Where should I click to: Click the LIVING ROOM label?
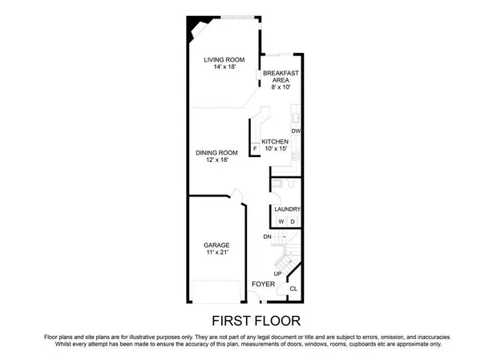(x=223, y=59)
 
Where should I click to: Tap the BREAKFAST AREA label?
(x=281, y=76)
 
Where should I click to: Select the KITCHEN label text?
(x=275, y=141)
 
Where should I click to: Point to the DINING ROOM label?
(x=217, y=152)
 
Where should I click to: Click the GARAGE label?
(x=216, y=245)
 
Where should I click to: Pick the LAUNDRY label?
(x=287, y=209)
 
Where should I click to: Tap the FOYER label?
(x=263, y=284)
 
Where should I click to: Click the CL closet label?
(x=293, y=289)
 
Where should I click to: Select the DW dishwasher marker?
(x=295, y=131)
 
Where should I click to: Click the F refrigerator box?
(x=256, y=148)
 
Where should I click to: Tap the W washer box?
(x=281, y=221)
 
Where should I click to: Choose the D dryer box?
(x=292, y=221)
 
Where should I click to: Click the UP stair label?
(x=278, y=273)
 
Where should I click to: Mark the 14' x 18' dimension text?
(x=223, y=67)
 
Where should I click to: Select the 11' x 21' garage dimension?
(x=216, y=253)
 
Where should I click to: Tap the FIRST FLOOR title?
(x=240, y=320)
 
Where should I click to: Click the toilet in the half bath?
(x=277, y=184)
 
